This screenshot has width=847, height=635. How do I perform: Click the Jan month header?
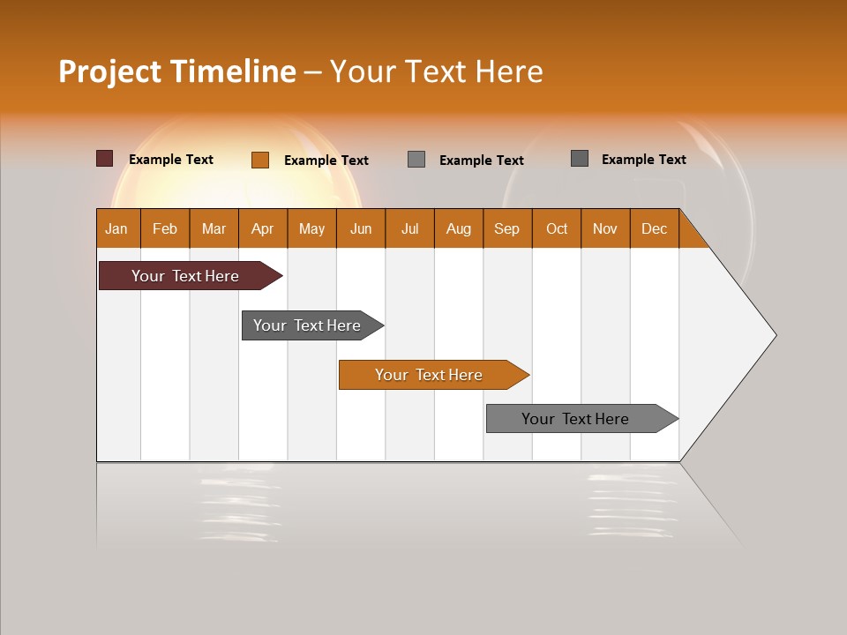(x=117, y=228)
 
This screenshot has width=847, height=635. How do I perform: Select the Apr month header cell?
(x=263, y=228)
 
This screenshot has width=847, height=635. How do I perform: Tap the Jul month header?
(x=409, y=228)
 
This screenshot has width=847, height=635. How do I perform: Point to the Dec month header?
(x=654, y=228)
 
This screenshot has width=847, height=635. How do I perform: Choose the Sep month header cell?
(x=506, y=228)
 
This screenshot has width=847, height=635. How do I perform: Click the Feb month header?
(x=165, y=228)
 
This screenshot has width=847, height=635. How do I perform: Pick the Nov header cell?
(x=605, y=228)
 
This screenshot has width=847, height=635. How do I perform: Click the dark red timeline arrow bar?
(x=185, y=276)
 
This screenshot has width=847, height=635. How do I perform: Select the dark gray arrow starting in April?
(x=307, y=325)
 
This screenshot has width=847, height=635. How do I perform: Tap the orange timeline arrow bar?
(x=429, y=375)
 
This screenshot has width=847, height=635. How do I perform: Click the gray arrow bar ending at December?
(x=575, y=419)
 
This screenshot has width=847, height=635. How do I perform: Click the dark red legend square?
(x=105, y=159)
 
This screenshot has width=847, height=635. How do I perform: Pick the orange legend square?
(x=260, y=160)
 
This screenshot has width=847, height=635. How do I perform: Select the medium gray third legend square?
(x=416, y=159)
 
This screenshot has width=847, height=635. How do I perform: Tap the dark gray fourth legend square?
(x=580, y=158)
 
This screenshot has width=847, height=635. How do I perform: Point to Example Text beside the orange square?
(x=326, y=161)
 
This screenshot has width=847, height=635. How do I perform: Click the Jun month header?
(x=361, y=228)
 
